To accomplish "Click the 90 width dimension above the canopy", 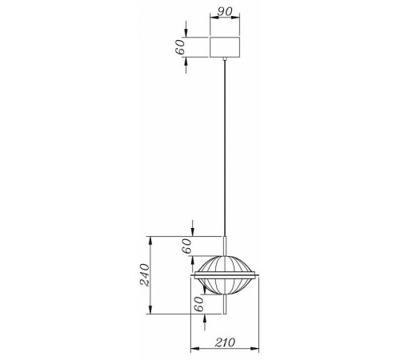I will (x=225, y=13).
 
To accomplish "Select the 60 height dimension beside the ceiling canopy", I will (x=181, y=46).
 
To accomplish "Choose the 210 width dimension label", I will (x=225, y=342).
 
